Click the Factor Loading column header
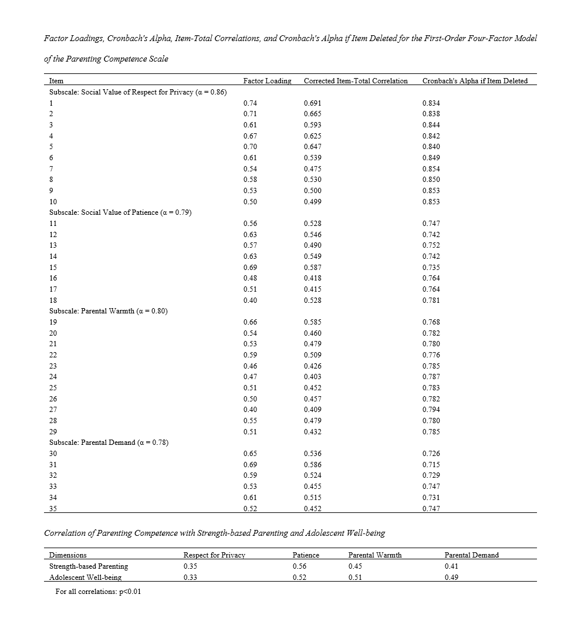tap(267, 80)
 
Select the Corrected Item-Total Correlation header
tap(356, 80)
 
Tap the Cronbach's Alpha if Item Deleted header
tap(475, 80)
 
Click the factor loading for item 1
tap(250, 103)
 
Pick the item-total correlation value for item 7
tap(312, 168)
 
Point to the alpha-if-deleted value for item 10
tap(431, 202)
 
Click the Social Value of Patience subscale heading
tap(120, 212)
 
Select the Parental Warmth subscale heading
tap(108, 311)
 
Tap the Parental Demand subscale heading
tap(109, 443)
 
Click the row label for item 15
tap(53, 267)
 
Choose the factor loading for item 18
tap(250, 300)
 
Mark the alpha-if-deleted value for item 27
tap(431, 410)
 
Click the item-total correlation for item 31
tap(312, 465)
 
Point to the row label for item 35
tap(53, 509)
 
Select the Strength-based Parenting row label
tap(88, 566)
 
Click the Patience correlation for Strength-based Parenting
tap(299, 566)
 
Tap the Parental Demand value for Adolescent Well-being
tap(451, 578)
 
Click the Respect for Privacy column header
tap(214, 555)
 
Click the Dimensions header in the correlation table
tap(67, 555)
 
